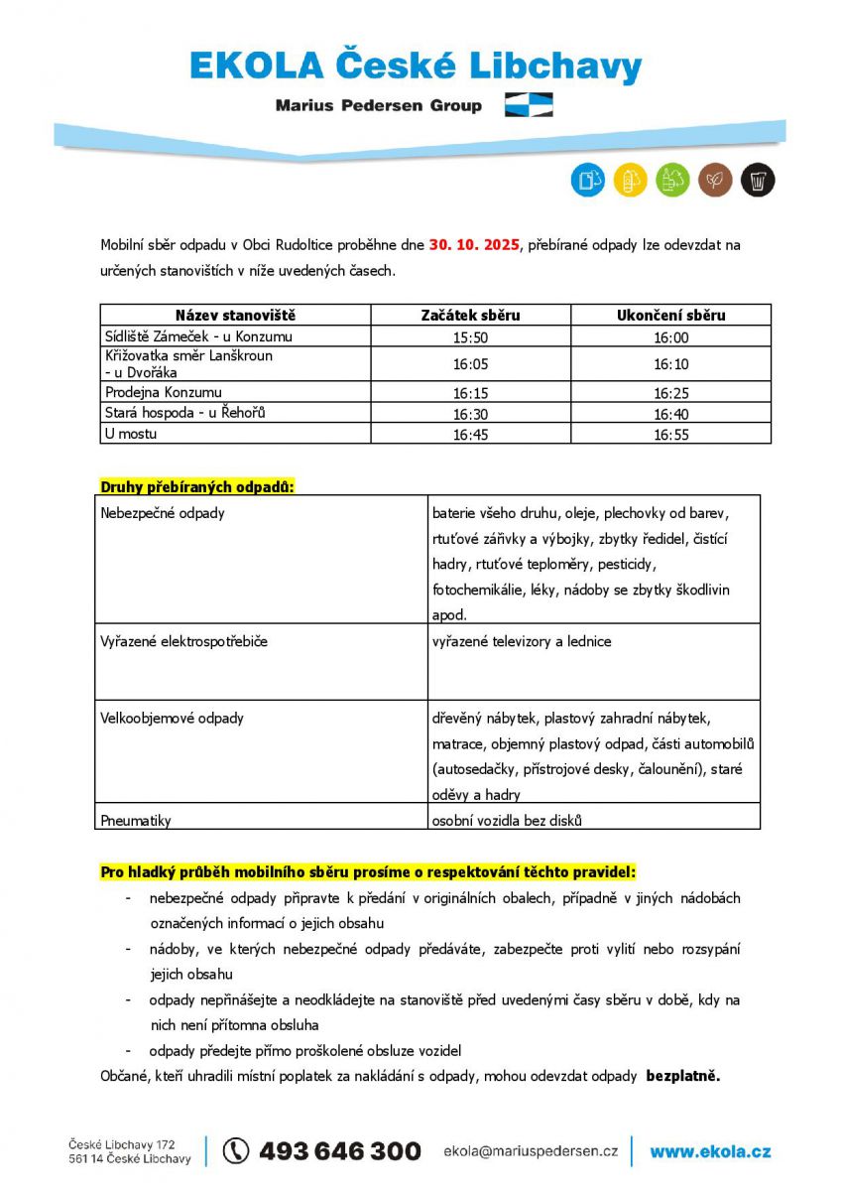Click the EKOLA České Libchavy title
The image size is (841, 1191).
(x=416, y=66)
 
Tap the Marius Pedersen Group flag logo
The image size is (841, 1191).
(x=529, y=105)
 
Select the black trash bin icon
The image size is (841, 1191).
(x=758, y=180)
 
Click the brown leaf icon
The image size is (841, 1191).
(x=715, y=180)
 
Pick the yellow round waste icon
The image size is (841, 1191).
(x=630, y=180)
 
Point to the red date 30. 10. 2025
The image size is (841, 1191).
(x=474, y=244)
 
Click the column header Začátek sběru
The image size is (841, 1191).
(x=471, y=315)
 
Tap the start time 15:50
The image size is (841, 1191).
(x=471, y=337)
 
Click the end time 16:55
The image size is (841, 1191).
(x=671, y=434)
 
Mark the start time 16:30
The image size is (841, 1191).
(x=471, y=413)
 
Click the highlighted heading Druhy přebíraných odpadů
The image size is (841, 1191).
(x=198, y=486)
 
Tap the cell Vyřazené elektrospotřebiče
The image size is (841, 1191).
(x=184, y=641)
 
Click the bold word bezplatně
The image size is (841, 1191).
(x=683, y=1075)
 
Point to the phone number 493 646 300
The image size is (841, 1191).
(x=339, y=1151)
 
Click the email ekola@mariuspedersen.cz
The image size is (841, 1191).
(x=530, y=1151)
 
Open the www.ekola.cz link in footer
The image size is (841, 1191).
(x=710, y=1151)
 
